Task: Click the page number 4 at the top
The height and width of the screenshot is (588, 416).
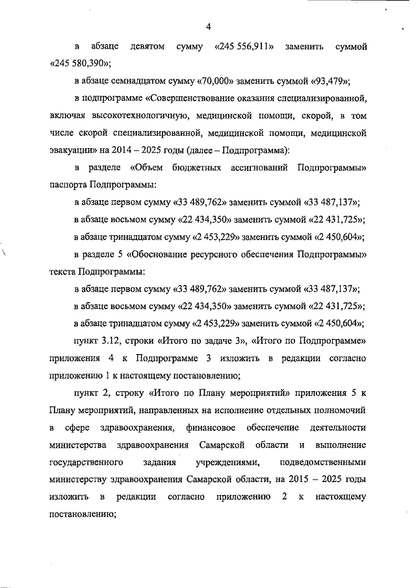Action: click(208, 27)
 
